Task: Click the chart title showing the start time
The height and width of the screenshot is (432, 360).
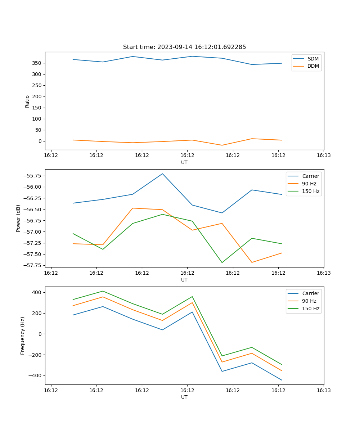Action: tap(184, 47)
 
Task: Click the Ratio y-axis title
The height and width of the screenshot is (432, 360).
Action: tap(27, 101)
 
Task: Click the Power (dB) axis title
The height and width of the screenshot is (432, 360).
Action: tap(18, 218)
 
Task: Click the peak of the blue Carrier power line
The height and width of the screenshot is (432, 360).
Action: tap(162, 174)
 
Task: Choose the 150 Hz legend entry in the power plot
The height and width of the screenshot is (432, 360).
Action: tap(310, 191)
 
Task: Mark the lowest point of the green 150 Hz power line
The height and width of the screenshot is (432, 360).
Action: tap(222, 262)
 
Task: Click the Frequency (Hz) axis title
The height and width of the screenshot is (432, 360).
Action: tap(23, 336)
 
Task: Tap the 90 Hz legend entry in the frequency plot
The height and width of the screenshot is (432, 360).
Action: tap(309, 301)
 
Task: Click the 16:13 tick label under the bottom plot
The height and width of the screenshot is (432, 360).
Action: tap(324, 390)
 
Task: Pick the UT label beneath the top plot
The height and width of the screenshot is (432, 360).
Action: tap(184, 162)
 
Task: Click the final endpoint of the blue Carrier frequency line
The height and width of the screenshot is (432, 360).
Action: tap(282, 380)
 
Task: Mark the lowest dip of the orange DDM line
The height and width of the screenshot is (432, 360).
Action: tap(222, 145)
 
